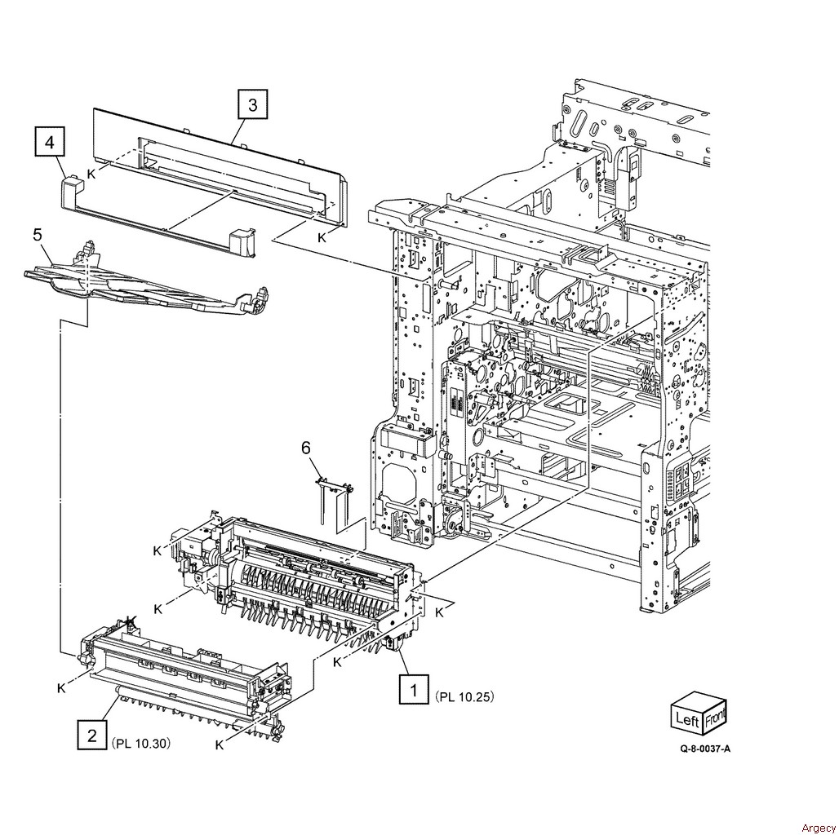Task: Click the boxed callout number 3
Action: pos(252,104)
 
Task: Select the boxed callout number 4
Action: pos(50,142)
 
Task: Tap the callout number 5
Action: pos(38,235)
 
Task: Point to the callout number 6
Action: pos(305,448)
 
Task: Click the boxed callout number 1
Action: pos(414,690)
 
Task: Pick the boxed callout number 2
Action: pos(92,735)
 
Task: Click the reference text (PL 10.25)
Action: pos(464,696)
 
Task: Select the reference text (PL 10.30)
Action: pos(141,743)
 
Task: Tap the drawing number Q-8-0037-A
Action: pos(705,749)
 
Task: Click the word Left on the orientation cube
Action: pos(687,719)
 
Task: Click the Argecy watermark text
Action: pos(818,828)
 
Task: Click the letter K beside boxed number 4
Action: pos(91,174)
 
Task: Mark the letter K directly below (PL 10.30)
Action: pos(219,745)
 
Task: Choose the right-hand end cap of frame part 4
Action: pos(242,241)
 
